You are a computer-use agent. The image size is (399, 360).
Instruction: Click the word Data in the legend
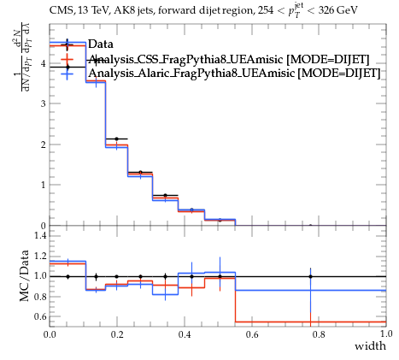coord(101,44)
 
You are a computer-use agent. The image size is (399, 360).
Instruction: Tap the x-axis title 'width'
coord(370,346)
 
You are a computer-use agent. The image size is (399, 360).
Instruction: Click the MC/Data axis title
coord(25,275)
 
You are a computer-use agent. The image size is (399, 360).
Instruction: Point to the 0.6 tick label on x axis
coord(251,334)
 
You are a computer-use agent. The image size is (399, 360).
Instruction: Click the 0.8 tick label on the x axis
coord(319,334)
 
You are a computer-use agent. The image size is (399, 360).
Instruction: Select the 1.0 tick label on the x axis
coord(386,333)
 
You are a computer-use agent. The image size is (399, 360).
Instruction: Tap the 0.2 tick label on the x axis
coord(117,334)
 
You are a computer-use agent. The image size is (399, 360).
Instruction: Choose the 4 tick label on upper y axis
coord(43,63)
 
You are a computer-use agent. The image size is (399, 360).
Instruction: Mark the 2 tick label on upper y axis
coord(43,145)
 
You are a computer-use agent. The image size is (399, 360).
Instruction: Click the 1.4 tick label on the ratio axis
coord(40,235)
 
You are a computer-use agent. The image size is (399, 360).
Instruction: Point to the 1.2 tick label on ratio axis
coord(40,256)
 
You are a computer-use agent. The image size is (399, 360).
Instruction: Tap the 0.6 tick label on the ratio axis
coord(40,316)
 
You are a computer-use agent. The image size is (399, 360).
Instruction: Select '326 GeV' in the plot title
coord(337,10)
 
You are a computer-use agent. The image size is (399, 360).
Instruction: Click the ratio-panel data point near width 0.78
coord(310,276)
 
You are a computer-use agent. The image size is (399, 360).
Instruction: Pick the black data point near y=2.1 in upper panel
coord(116,139)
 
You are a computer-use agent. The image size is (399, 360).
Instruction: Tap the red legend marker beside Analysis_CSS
coord(67,59)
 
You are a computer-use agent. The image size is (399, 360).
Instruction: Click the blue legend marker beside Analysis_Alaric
coord(67,73)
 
